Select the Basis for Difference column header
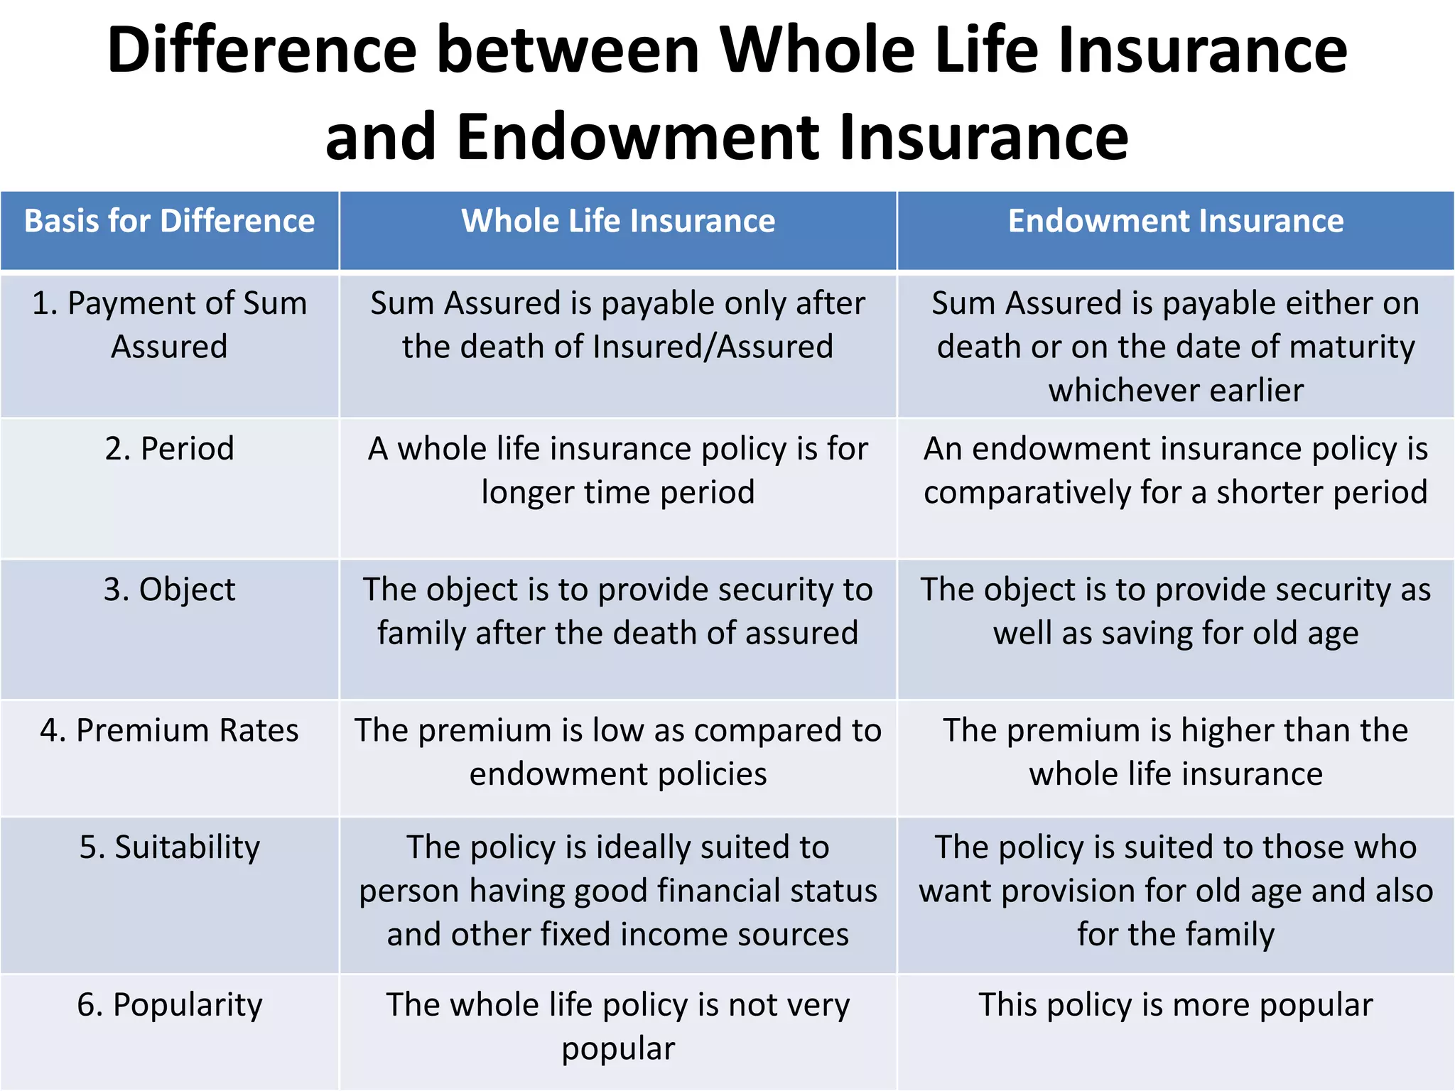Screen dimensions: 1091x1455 (169, 221)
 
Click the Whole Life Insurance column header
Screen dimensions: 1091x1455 (618, 221)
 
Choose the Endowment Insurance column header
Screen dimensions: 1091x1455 (1176, 221)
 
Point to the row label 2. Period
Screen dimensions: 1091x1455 (169, 449)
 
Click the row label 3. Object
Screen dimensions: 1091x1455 (169, 590)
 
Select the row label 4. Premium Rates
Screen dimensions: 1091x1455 (169, 730)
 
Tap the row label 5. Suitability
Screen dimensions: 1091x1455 (169, 847)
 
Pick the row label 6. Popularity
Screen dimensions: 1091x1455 (169, 1005)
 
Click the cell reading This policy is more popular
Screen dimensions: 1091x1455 (1176, 1005)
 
